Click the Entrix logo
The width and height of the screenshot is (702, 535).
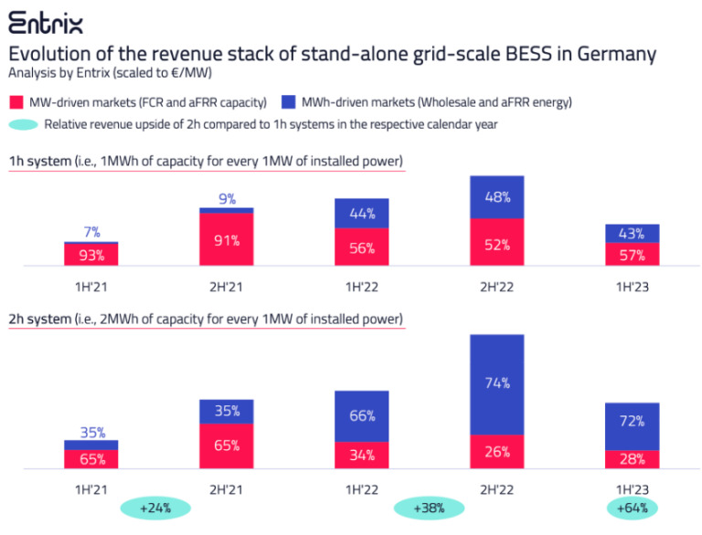click(x=46, y=21)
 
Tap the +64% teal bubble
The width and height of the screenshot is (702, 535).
click(x=633, y=507)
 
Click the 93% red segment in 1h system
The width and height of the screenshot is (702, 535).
click(x=90, y=254)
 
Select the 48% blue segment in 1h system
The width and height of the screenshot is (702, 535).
click(x=496, y=197)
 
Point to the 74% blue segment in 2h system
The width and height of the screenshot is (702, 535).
click(x=496, y=384)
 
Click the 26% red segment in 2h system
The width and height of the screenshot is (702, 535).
click(x=496, y=451)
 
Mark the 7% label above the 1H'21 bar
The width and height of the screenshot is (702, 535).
click(x=91, y=233)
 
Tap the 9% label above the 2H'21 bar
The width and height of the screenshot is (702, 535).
click(x=227, y=198)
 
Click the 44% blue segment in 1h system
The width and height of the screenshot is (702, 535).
click(x=361, y=214)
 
